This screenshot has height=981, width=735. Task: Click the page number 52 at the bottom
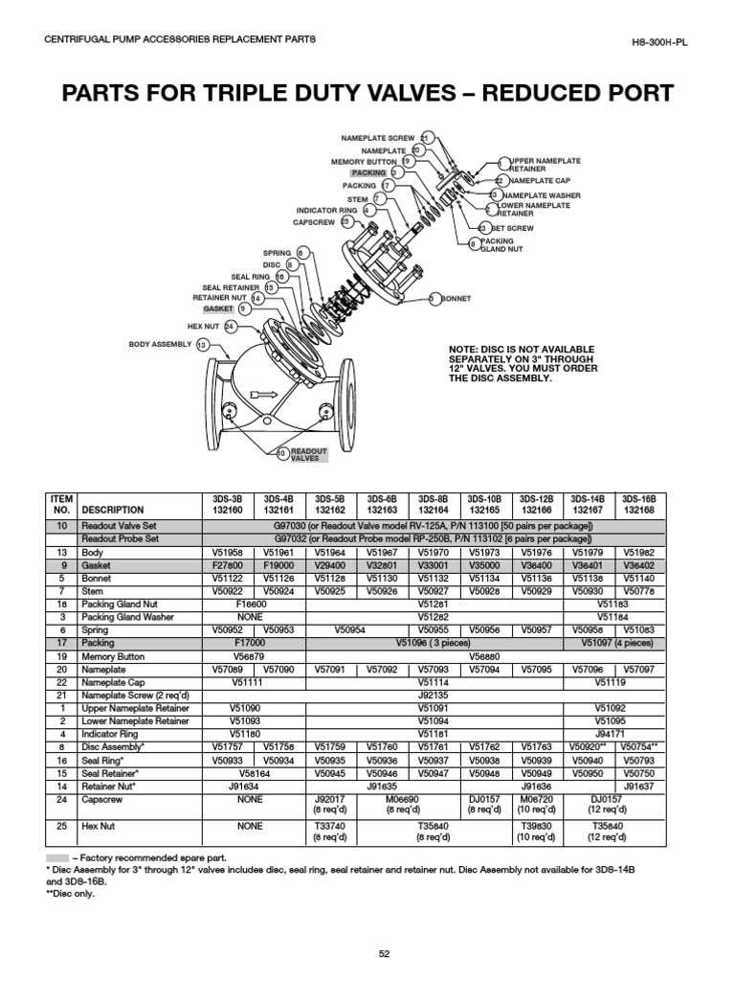point(384,952)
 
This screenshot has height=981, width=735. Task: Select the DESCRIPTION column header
point(113,511)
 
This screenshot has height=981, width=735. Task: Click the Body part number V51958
point(226,553)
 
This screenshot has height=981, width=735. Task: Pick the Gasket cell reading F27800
point(226,566)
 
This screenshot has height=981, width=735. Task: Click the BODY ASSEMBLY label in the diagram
point(161,344)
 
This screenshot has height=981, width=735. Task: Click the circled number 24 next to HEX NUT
point(229,327)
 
